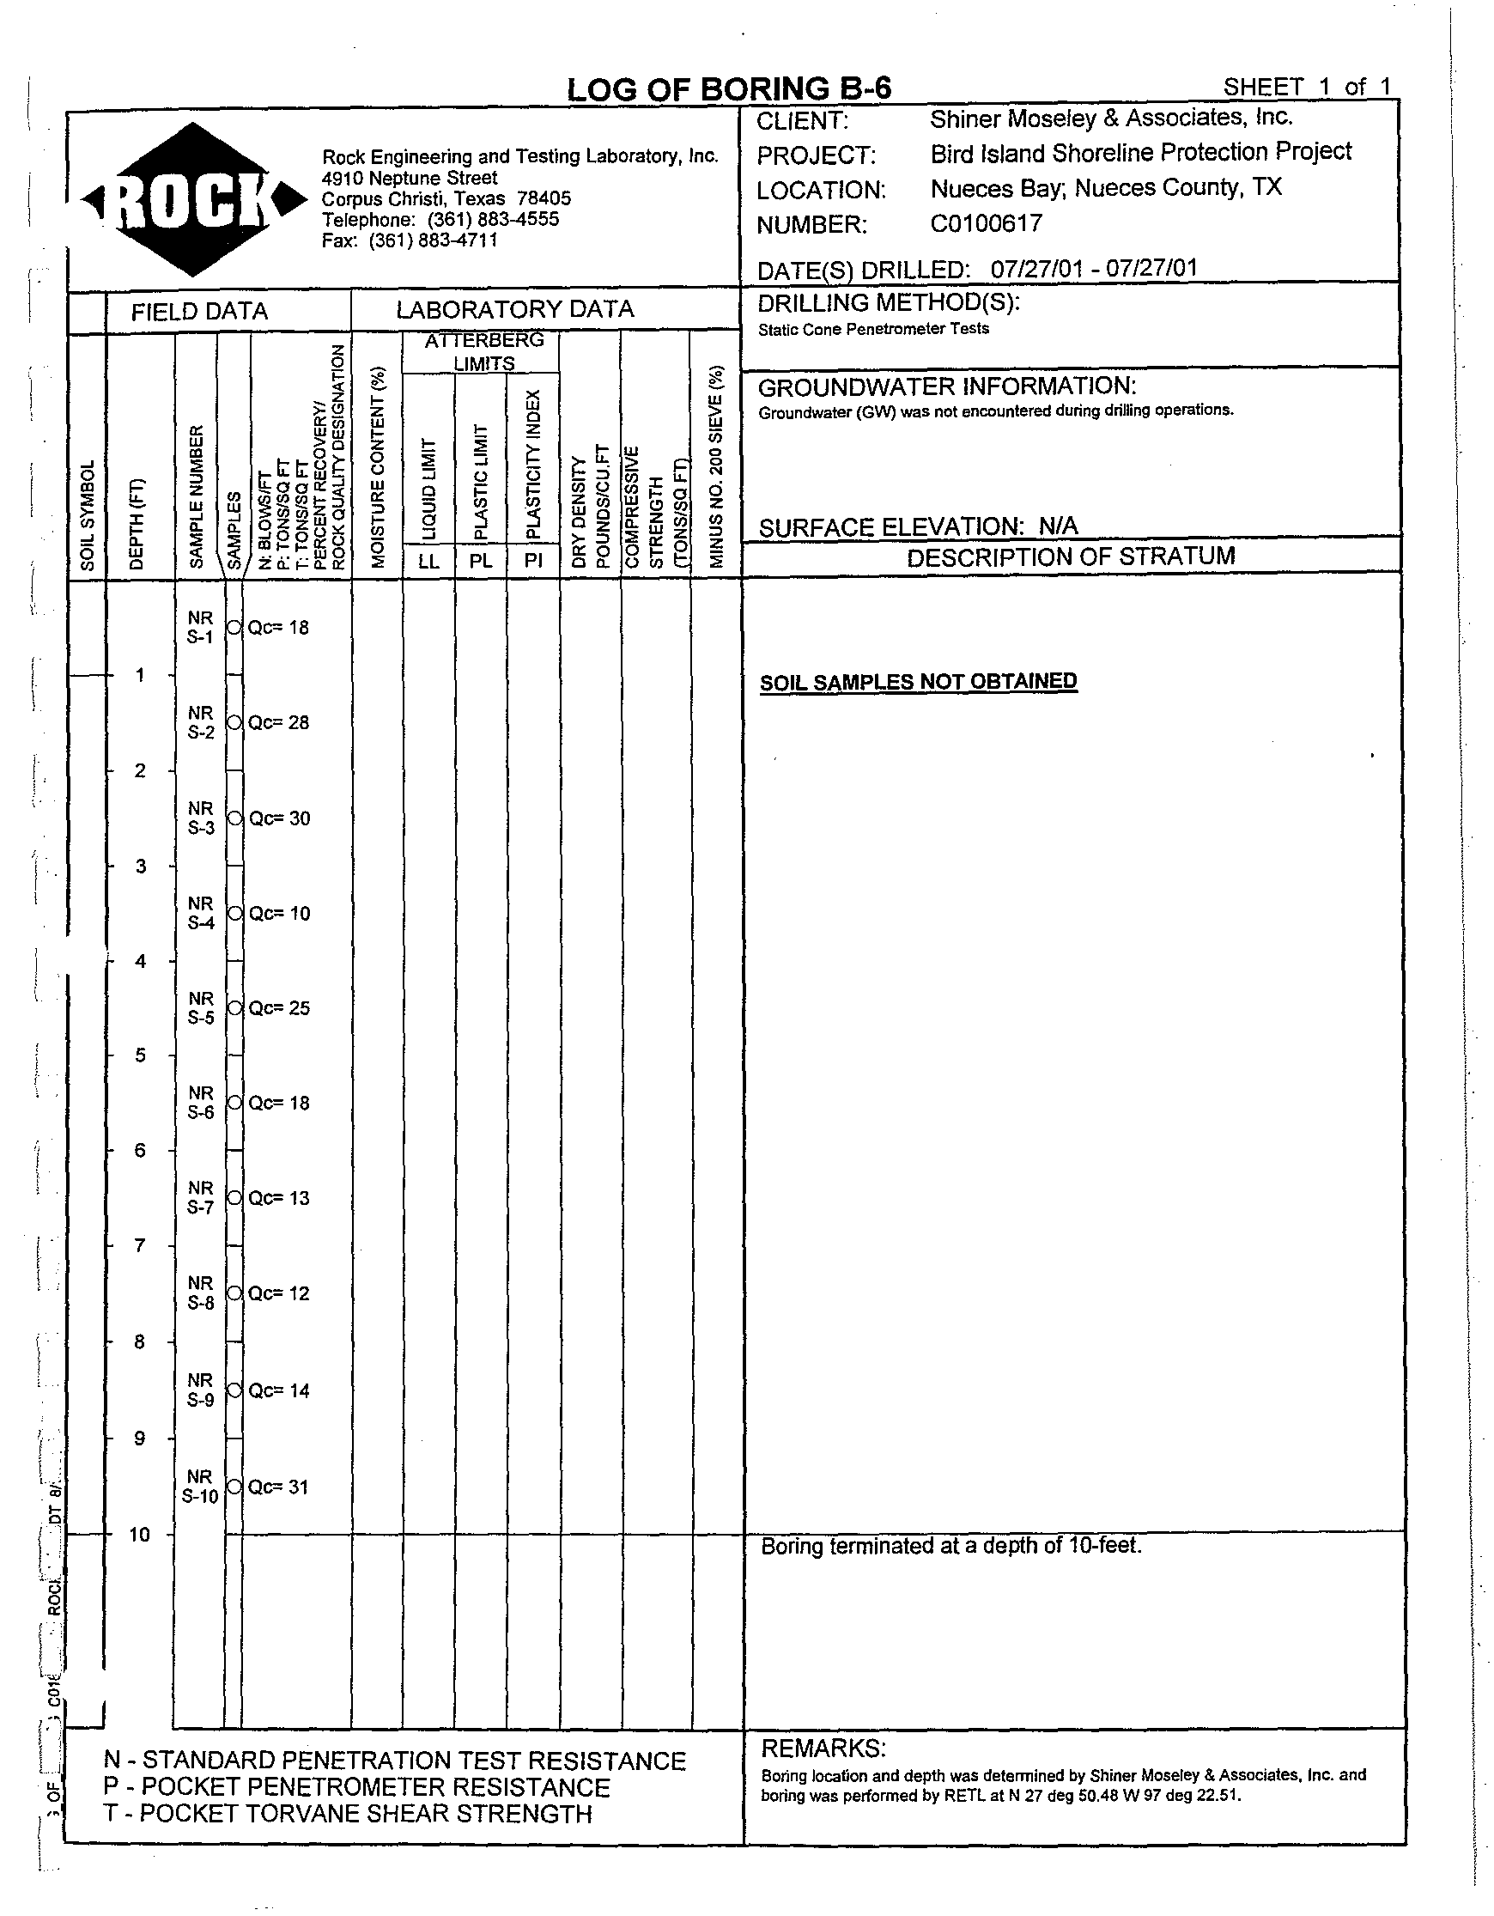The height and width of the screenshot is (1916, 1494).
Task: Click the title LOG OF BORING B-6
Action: pos(728,89)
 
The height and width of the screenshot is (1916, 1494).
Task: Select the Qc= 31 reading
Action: pos(278,1487)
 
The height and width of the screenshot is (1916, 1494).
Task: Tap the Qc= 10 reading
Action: pos(279,913)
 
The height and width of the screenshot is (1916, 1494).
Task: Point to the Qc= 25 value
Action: pos(279,1008)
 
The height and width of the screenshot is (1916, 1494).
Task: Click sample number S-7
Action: pos(201,1207)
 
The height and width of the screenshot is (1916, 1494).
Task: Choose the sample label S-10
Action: pos(200,1496)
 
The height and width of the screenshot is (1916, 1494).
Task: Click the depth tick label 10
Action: pos(139,1535)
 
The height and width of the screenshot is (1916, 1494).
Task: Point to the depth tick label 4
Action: pos(140,962)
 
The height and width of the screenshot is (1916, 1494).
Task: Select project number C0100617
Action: pos(986,223)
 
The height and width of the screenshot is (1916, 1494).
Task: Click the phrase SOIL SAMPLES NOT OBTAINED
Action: pos(918,682)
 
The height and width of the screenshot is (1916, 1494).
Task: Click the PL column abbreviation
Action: pos(481,561)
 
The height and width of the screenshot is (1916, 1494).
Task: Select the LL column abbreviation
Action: pos(428,561)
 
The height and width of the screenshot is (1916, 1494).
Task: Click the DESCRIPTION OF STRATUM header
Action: pos(1071,557)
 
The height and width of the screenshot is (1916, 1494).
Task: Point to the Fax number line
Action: pos(410,240)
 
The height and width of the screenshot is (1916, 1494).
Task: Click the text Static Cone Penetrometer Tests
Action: pos(873,329)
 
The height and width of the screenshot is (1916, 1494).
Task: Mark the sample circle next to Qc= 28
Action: pos(234,722)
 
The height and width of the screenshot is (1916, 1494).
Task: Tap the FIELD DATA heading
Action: pos(199,312)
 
